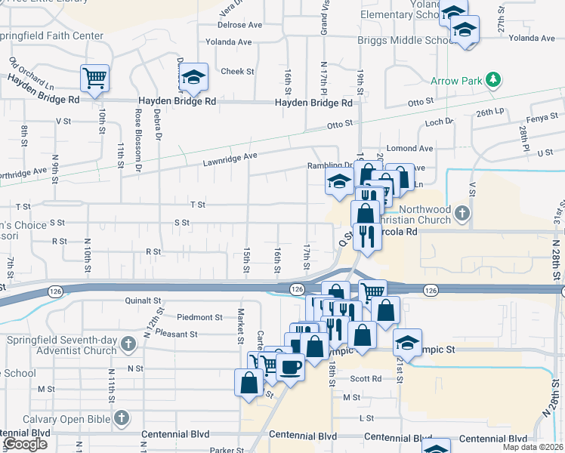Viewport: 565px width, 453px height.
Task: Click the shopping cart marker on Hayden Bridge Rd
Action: tap(94, 77)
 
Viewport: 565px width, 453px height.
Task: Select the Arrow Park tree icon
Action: tap(494, 79)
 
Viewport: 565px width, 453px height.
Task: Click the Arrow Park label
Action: tap(456, 80)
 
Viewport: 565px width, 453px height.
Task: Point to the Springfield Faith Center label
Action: tap(50, 35)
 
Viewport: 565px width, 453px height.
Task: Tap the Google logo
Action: tap(25, 444)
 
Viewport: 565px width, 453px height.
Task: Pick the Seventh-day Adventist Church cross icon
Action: tap(127, 344)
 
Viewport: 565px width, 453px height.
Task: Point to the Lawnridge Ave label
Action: tap(230, 156)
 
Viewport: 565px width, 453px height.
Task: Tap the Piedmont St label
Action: tap(200, 318)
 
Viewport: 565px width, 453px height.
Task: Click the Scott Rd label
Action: tap(366, 379)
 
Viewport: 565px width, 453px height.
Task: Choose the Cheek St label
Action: tap(237, 72)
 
